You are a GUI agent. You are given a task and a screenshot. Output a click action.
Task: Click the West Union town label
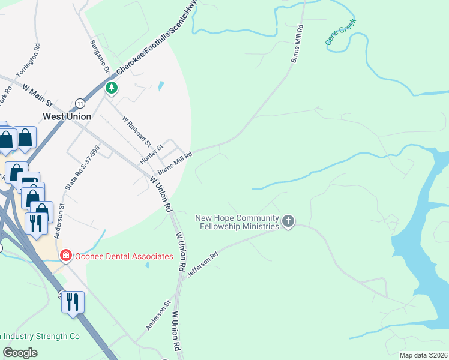67,116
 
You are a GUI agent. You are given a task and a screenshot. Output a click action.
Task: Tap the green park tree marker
111,88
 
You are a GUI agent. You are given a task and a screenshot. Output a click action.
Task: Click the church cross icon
288,222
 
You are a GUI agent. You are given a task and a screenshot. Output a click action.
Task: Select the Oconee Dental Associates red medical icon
65,256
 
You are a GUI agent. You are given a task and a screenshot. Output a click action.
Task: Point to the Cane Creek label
341,32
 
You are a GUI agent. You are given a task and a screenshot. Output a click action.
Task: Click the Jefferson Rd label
202,263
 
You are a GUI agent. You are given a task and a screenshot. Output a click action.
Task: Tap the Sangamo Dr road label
100,56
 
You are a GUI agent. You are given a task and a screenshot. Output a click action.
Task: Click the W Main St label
38,94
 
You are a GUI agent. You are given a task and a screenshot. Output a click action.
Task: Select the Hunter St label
151,154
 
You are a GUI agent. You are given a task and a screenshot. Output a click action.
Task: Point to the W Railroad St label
136,131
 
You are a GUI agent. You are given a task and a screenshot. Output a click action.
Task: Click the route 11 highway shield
80,104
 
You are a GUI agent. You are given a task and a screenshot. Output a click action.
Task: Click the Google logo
20,353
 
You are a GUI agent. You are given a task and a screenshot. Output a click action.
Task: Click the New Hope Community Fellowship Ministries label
238,222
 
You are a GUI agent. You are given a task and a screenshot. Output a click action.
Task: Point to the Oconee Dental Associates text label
124,256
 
